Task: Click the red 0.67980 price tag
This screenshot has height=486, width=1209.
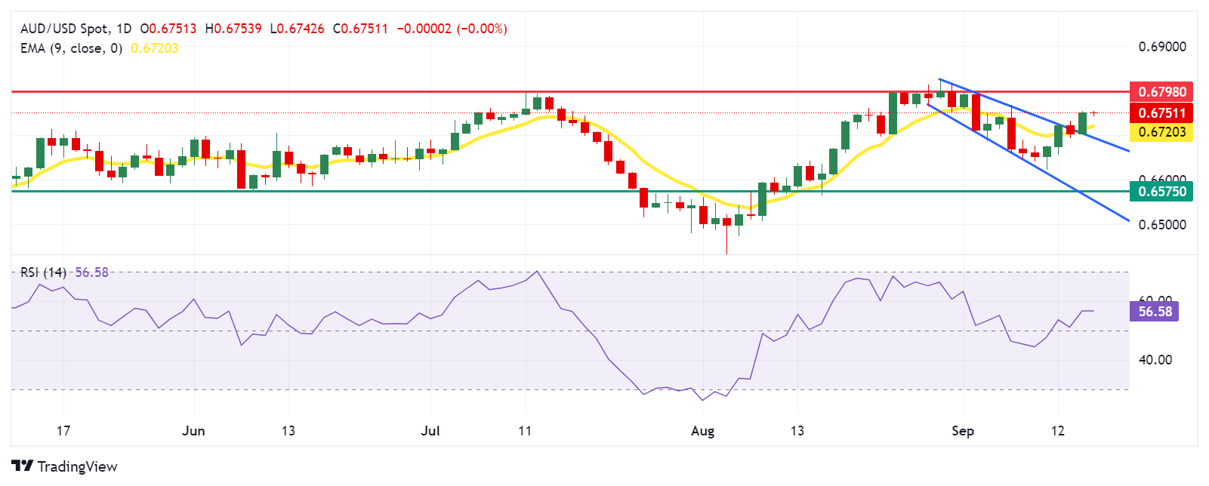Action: click(1161, 91)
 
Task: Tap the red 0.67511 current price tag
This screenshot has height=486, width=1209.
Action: click(1161, 112)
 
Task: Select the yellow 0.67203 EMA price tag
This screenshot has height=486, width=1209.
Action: click(1161, 132)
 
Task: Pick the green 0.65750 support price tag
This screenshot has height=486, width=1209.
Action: click(1161, 191)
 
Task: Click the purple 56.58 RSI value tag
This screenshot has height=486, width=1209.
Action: click(1155, 311)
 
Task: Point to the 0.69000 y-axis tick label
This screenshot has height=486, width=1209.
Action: click(1161, 47)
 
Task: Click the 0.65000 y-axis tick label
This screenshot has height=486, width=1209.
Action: click(1161, 225)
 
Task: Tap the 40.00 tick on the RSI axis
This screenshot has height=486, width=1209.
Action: click(1155, 360)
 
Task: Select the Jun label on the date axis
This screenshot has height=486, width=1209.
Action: click(194, 431)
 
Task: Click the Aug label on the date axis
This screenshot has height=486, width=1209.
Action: click(702, 431)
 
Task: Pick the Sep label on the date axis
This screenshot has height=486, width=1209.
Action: click(963, 431)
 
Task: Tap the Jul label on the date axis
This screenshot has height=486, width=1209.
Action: click(430, 431)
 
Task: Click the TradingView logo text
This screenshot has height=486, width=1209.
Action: click(77, 466)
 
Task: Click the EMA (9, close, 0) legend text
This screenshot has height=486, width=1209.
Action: click(71, 48)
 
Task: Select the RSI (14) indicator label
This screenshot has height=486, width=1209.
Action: click(43, 272)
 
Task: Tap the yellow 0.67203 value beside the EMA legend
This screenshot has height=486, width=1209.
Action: click(155, 48)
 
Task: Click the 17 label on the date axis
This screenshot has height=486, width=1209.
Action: click(63, 431)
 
